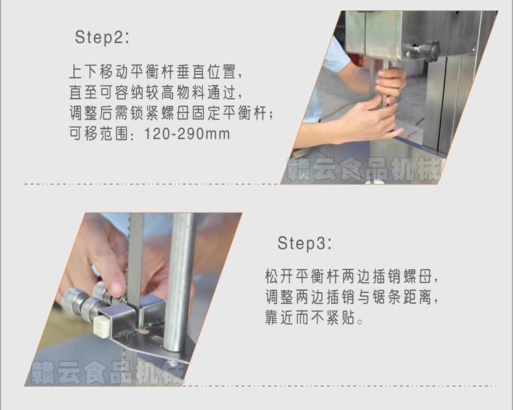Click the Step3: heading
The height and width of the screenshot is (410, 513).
coord(304,243)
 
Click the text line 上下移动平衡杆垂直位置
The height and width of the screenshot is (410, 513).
coord(157,72)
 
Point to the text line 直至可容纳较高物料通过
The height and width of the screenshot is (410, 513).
coord(157,92)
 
